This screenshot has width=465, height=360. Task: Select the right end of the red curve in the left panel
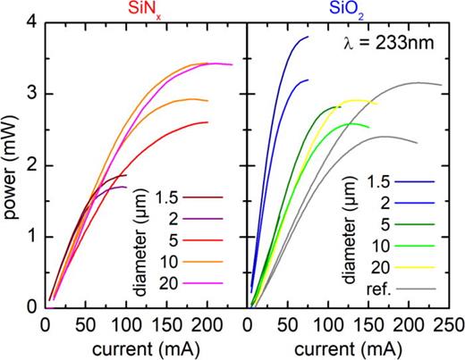(207, 122)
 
